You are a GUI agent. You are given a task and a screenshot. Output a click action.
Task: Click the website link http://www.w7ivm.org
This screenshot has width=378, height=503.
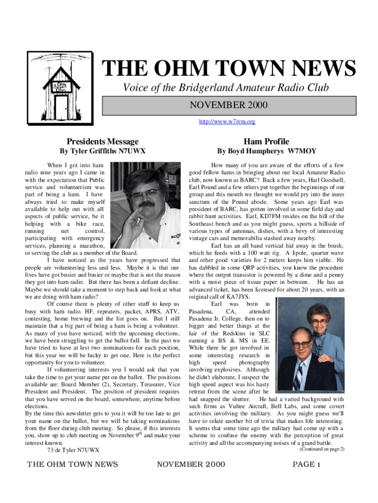click(x=227, y=121)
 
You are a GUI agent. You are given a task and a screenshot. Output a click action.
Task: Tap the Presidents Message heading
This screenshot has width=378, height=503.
click(x=103, y=141)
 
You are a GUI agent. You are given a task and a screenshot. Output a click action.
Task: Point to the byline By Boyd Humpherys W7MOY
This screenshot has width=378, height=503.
click(x=267, y=151)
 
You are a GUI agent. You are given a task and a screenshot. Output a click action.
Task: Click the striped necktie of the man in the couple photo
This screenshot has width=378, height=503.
click(x=298, y=377)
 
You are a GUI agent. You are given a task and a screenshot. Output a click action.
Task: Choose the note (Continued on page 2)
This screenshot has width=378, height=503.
click(x=322, y=449)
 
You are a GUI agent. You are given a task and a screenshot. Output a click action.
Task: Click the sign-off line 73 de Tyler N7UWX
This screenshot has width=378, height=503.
click(x=73, y=450)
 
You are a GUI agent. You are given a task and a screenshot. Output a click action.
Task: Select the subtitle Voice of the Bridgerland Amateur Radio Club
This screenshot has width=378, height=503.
click(x=226, y=88)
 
